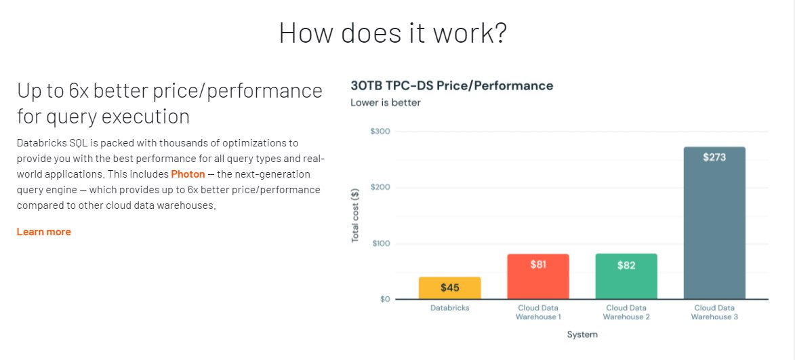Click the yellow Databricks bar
point(450,288)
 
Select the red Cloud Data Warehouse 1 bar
point(538,277)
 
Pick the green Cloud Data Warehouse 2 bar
point(626,277)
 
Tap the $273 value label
point(714,158)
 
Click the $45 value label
point(450,288)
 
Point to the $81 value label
point(538,264)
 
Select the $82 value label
point(626,266)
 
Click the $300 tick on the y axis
point(381,132)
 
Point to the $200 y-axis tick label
point(381,188)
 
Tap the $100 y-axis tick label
point(381,243)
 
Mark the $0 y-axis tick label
point(384,299)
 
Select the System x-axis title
point(582,335)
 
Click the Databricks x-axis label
point(450,308)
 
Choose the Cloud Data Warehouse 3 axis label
point(714,313)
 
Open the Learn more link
point(43,232)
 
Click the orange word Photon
point(188,174)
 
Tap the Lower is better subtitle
point(386,103)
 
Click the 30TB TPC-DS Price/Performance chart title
point(452,85)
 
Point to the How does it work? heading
point(393,33)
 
